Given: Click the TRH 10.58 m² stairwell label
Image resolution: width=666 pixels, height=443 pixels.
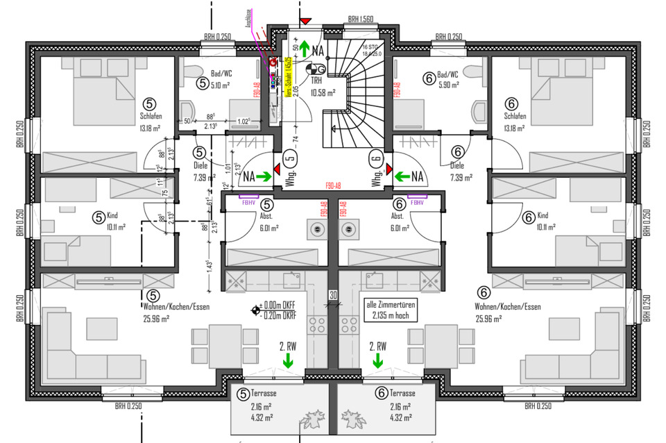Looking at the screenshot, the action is pyautogui.click(x=323, y=86).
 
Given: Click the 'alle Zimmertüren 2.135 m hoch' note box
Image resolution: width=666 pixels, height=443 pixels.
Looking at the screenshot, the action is pyautogui.click(x=387, y=310).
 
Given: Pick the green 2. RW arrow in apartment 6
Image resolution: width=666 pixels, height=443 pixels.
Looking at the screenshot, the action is pyautogui.click(x=378, y=360).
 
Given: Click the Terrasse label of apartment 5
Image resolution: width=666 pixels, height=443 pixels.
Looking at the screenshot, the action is pyautogui.click(x=262, y=392).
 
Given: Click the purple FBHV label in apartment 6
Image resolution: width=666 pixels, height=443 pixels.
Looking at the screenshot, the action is pyautogui.click(x=417, y=203).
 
